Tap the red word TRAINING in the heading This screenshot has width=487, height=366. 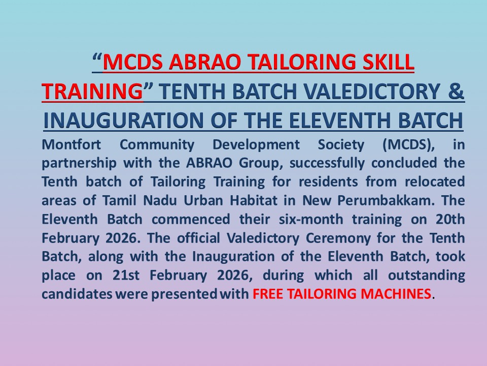coord(92,91)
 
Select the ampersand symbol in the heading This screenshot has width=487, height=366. coord(456,91)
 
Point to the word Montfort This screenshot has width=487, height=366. coord(71,145)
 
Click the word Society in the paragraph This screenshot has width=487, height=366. coord(341,145)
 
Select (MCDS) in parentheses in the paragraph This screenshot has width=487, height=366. coord(409,145)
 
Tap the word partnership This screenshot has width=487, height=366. coord(79,163)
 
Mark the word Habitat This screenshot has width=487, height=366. coord(253,201)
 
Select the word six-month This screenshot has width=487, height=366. coord(310,220)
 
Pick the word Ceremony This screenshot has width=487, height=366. coord(338,238)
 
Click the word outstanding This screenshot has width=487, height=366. coord(427,276)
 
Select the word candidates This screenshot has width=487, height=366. coord(77,294)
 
